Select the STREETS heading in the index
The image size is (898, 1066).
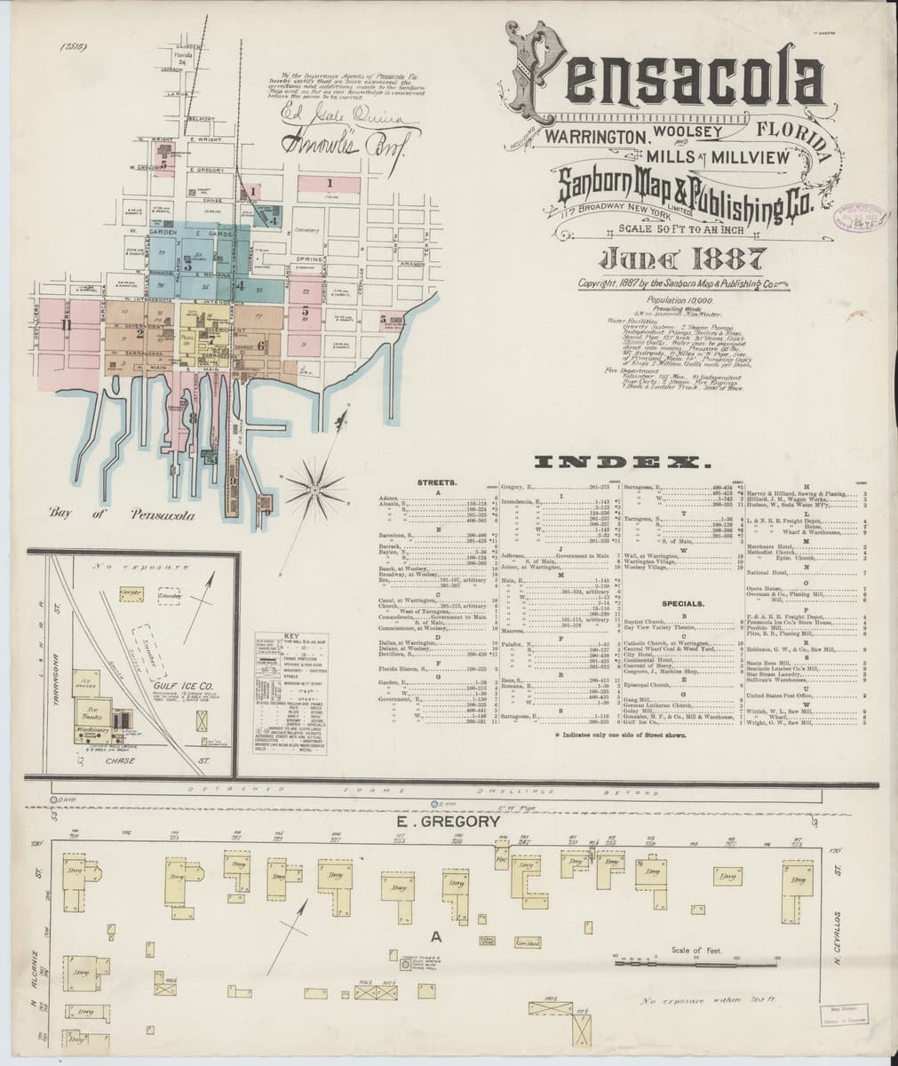(x=436, y=481)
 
